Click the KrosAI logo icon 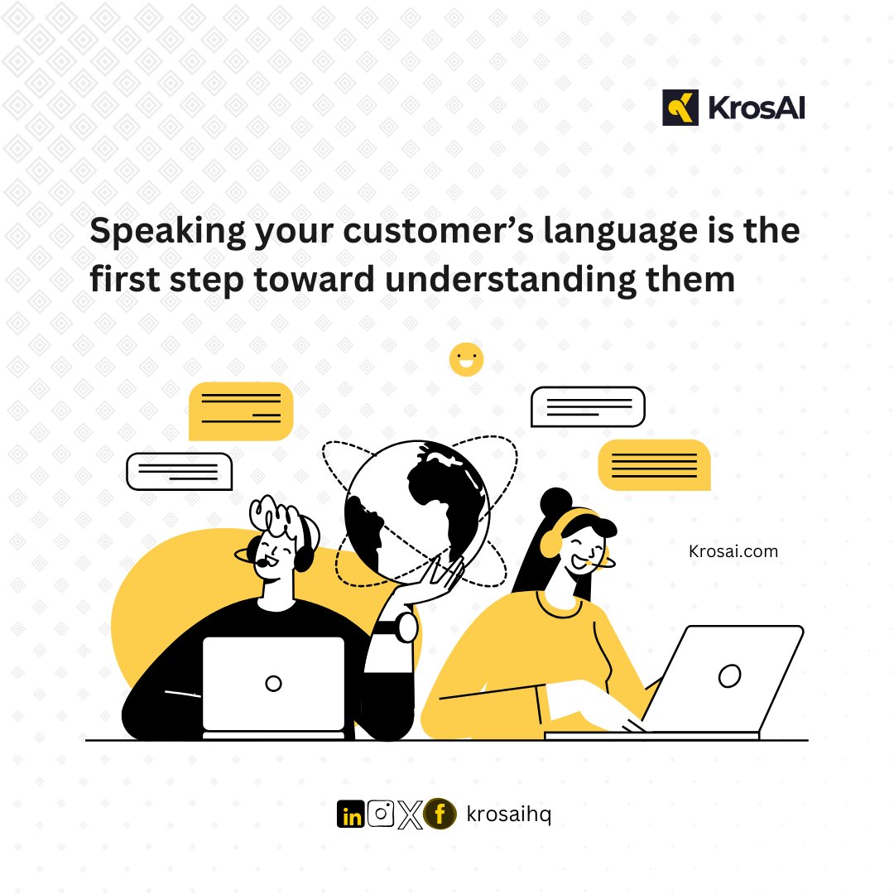pyautogui.click(x=680, y=108)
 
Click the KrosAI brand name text pyautogui.click(x=756, y=108)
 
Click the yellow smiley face pyautogui.click(x=466, y=359)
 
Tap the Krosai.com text pyautogui.click(x=733, y=551)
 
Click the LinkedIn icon pyautogui.click(x=351, y=815)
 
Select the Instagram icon pyautogui.click(x=380, y=815)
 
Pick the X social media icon pyautogui.click(x=409, y=815)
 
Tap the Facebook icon pyautogui.click(x=440, y=815)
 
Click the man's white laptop pyautogui.click(x=273, y=683)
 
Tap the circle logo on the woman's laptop pyautogui.click(x=729, y=675)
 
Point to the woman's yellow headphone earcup pyautogui.click(x=550, y=543)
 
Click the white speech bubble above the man pyautogui.click(x=179, y=471)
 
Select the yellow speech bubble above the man pyautogui.click(x=241, y=411)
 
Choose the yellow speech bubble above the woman pyautogui.click(x=654, y=464)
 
